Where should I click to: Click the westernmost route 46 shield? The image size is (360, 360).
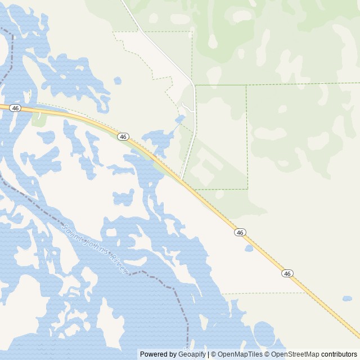click(x=15, y=107)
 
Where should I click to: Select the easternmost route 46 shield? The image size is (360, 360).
click(x=287, y=273)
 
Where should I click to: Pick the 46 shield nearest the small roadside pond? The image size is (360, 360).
click(x=240, y=232)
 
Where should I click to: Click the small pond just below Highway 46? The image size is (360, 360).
click(x=249, y=248)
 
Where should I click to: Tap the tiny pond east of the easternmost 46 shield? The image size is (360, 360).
click(x=347, y=298)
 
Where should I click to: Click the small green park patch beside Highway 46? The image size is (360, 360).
click(x=39, y=119)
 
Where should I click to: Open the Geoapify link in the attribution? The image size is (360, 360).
click(x=192, y=354)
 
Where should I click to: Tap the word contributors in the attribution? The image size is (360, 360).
click(x=339, y=354)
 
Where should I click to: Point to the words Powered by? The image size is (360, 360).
click(x=158, y=354)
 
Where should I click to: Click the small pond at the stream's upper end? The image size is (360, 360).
click(x=179, y=119)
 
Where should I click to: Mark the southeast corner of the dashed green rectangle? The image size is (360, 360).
click(x=247, y=189)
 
